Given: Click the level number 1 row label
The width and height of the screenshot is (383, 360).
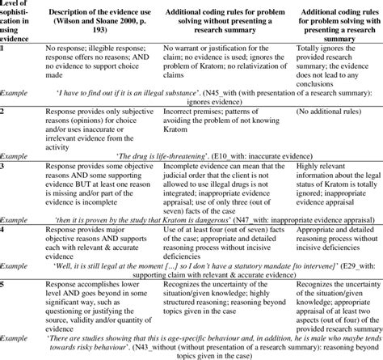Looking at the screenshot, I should (4, 49).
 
